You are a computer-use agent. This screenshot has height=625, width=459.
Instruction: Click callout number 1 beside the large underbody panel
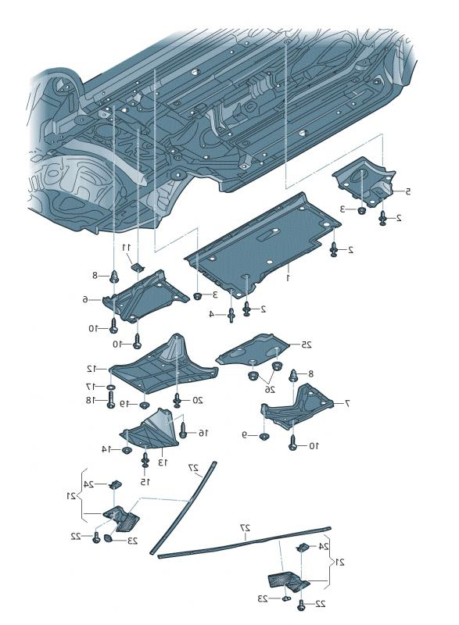point(288,277)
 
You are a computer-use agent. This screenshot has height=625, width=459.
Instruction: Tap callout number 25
point(307,345)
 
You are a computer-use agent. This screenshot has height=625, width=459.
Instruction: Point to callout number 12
point(91,368)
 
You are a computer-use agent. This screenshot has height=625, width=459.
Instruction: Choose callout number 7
point(346,403)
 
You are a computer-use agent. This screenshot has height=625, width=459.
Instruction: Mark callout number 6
point(87,298)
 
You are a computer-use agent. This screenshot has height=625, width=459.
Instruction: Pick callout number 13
point(164,462)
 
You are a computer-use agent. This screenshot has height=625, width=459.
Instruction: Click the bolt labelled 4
point(232,315)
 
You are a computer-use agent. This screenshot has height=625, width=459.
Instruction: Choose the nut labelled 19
point(145,405)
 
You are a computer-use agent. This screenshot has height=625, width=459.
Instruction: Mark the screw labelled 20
point(178,400)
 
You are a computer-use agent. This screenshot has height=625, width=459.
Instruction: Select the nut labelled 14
point(126,448)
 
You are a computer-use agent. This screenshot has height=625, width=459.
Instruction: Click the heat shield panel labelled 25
point(254,352)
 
